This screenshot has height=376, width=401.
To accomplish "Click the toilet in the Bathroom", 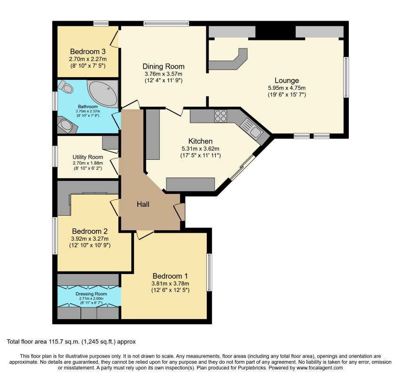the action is click(65, 87).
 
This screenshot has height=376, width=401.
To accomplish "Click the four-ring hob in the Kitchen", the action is click(220, 116).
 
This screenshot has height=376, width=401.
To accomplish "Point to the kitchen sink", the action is click(252, 129).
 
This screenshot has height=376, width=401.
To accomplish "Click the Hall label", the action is click(143, 204).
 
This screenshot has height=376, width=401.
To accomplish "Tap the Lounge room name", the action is click(287, 80).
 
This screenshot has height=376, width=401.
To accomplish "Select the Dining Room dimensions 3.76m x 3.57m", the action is click(164, 74).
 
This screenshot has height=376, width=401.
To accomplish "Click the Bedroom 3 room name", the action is click(88, 51).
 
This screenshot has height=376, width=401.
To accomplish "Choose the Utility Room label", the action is click(88, 157).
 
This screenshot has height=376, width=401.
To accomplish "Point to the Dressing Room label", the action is click(91, 294).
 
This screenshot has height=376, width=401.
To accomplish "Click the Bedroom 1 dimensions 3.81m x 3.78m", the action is click(170, 283).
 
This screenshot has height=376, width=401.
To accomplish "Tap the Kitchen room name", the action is click(200, 141).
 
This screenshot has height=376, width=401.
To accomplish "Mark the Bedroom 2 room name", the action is click(89, 231).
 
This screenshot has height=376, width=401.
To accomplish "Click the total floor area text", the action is click(71, 342).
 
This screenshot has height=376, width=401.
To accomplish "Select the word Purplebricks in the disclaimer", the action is click(265, 368).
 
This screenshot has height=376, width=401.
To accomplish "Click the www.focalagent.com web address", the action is click(320, 368).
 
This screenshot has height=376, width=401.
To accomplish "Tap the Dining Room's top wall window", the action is click(166, 24).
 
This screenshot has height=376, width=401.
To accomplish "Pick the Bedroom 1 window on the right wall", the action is click(210, 272).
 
